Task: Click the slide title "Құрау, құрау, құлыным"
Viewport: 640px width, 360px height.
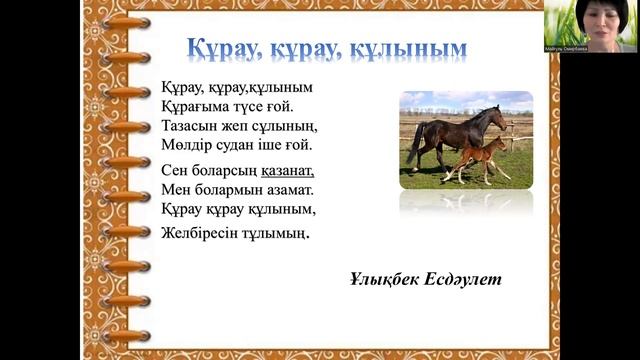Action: pyautogui.click(x=328, y=47)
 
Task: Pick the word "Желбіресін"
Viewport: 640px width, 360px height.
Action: pyautogui.click(x=200, y=232)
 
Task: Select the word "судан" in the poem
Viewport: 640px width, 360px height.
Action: pyautogui.click(x=232, y=144)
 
